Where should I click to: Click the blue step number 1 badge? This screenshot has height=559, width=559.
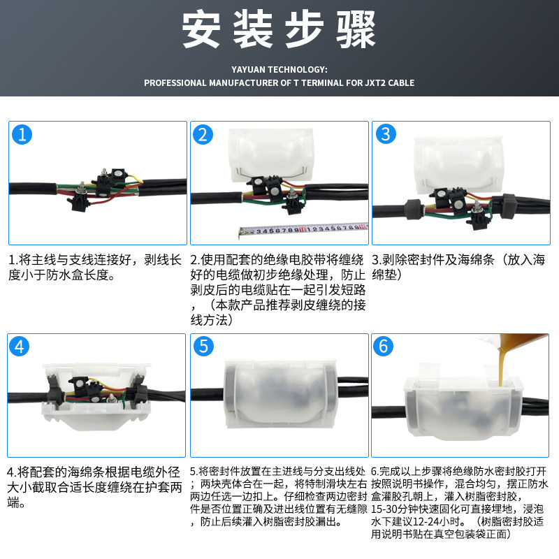(x=22, y=135)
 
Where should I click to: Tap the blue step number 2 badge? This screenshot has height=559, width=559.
(x=203, y=135)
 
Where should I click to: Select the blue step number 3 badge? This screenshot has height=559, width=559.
(x=386, y=134)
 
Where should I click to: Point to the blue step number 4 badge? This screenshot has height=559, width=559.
(x=20, y=346)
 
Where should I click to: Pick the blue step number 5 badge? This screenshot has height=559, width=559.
(x=203, y=346)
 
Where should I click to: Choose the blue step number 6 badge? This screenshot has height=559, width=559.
(x=383, y=346)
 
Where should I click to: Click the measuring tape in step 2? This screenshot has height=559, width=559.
(x=303, y=230)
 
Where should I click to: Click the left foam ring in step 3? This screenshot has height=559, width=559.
(x=414, y=209)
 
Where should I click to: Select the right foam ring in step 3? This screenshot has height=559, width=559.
(x=509, y=205)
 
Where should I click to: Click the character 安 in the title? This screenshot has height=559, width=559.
(x=201, y=29)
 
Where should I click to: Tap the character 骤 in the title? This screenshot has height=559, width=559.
(x=356, y=29)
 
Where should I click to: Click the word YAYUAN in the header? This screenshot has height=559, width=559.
(x=248, y=69)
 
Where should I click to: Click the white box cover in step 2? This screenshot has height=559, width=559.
(x=271, y=156)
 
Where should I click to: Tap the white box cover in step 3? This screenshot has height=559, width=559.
(x=458, y=165)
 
